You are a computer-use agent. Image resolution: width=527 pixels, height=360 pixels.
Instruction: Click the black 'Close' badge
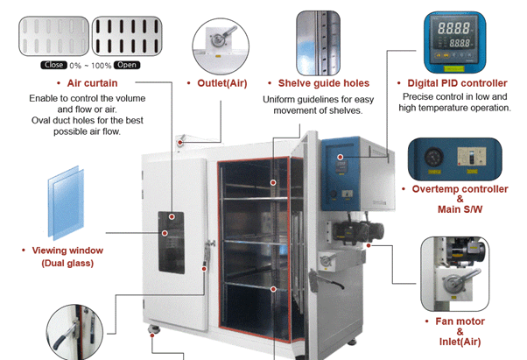tap(53, 65)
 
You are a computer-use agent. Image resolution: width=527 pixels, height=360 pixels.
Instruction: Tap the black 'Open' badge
tap(127, 65)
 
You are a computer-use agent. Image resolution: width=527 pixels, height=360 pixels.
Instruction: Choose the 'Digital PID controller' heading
tap(457, 83)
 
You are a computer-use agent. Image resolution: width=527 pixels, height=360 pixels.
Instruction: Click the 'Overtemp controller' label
tap(460, 189)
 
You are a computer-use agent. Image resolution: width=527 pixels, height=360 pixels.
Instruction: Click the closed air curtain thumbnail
tap(52, 34)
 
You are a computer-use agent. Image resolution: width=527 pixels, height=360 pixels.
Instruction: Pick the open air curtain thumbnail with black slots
tap(129, 34)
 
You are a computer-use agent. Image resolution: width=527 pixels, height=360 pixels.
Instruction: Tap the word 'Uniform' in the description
tap(280, 99)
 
